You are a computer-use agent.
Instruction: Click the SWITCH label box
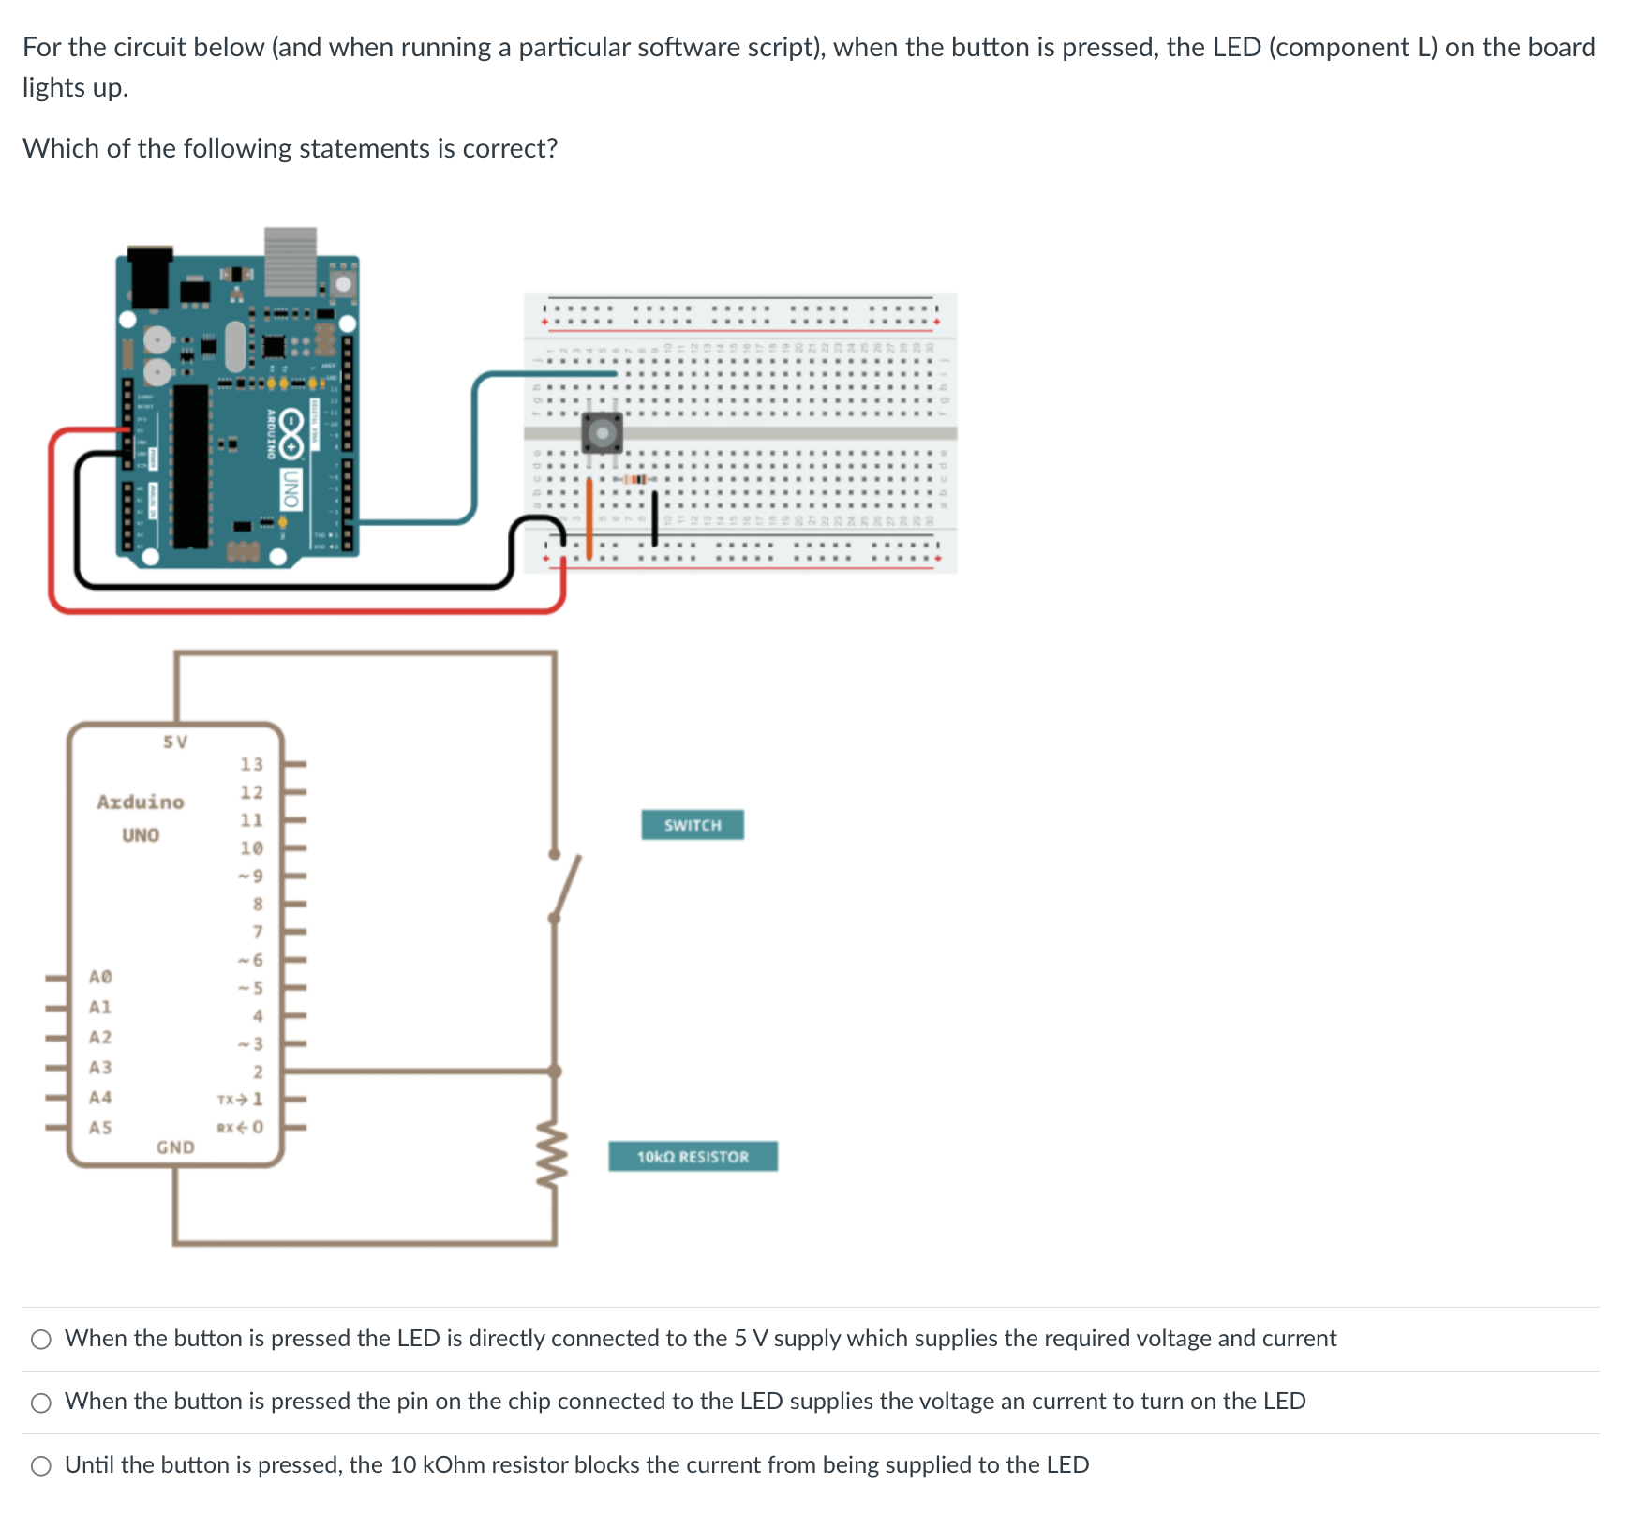(x=693, y=825)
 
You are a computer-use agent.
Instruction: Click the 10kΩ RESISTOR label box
(x=693, y=1156)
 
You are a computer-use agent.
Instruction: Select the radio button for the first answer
(x=41, y=1340)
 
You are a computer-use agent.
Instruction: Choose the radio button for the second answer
(x=41, y=1402)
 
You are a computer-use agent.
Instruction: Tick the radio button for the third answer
(x=41, y=1466)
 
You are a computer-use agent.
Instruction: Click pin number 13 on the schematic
(x=251, y=764)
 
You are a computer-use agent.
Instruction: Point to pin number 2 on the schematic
(x=258, y=1072)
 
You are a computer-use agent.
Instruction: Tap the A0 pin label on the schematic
(x=100, y=977)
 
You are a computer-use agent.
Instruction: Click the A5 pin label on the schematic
(x=100, y=1127)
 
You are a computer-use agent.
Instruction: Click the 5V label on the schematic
(x=175, y=742)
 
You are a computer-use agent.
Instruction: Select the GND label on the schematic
(x=175, y=1147)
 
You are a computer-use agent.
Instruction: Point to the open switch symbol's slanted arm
(x=567, y=886)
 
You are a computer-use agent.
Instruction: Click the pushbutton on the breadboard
(x=602, y=432)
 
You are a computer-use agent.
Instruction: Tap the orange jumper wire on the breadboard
(x=589, y=517)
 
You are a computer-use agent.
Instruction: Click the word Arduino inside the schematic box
(x=141, y=802)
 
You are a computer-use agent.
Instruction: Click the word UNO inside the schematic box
(x=141, y=834)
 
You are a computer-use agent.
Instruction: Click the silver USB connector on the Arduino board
(x=291, y=261)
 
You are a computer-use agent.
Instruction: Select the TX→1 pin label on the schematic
(x=240, y=1099)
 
